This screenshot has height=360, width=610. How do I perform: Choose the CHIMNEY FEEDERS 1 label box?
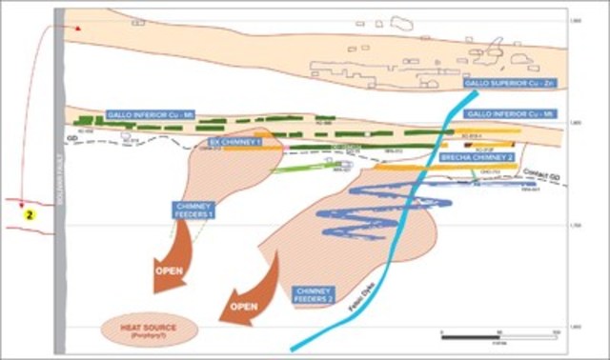coord(194,212)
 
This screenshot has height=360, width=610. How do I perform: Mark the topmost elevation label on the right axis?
coord(574,20)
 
